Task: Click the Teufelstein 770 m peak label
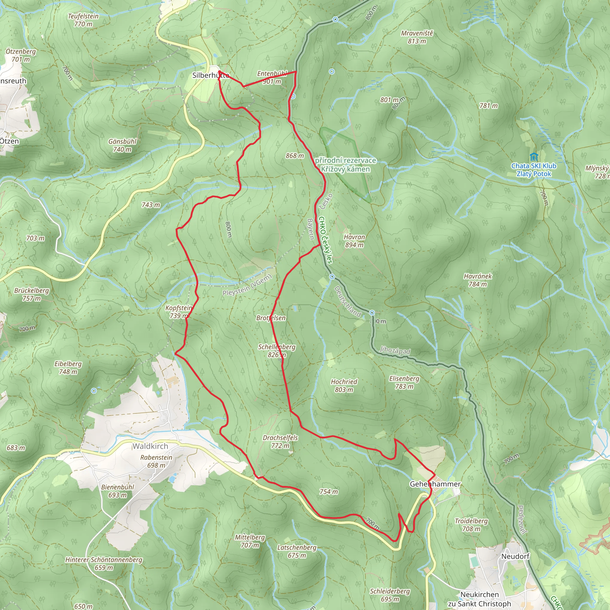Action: (83, 20)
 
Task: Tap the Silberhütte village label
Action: (211, 75)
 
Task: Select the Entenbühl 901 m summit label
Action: (272, 77)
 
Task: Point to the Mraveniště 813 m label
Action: (417, 37)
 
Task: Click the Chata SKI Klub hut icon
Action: (533, 157)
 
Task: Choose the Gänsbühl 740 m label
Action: (122, 145)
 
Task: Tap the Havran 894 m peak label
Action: (354, 241)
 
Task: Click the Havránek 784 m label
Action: (478, 280)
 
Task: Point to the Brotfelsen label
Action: (271, 318)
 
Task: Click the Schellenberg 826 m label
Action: (277, 351)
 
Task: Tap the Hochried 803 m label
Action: (344, 385)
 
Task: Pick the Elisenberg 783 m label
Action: (404, 382)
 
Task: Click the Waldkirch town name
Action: (150, 446)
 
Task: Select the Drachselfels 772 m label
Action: (280, 441)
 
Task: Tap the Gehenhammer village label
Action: (435, 484)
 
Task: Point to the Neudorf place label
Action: (515, 556)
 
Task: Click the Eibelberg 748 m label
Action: (68, 368)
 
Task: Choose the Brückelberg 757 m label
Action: (32, 294)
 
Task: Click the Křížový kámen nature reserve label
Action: (346, 165)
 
